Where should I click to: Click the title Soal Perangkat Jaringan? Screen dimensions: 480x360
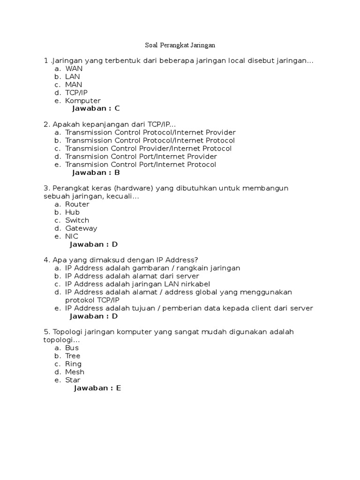pyautogui.click(x=180, y=46)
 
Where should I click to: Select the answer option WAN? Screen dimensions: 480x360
pyautogui.click(x=74, y=68)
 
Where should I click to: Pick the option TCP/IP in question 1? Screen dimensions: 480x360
pyautogui.click(x=76, y=92)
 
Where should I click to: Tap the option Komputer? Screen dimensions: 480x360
pyautogui.click(x=82, y=100)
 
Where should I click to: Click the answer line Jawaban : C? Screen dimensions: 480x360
pyautogui.click(x=96, y=108)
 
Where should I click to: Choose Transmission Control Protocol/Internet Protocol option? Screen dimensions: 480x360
pyautogui.click(x=150, y=140)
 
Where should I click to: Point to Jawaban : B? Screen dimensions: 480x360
pyautogui.click(x=96, y=172)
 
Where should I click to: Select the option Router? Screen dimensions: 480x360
pyautogui.click(x=77, y=204)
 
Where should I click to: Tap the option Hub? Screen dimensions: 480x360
pyautogui.click(x=72, y=212)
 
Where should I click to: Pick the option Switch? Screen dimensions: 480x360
pyautogui.click(x=77, y=220)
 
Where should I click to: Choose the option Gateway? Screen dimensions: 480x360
pyautogui.click(x=81, y=228)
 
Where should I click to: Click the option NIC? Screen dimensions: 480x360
pyautogui.click(x=72, y=236)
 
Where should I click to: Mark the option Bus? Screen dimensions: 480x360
pyautogui.click(x=72, y=348)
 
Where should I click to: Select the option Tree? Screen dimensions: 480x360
pyautogui.click(x=73, y=356)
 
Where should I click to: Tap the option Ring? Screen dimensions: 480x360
pyautogui.click(x=73, y=364)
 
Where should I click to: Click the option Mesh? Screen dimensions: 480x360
pyautogui.click(x=75, y=372)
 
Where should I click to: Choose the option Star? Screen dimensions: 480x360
pyautogui.click(x=73, y=380)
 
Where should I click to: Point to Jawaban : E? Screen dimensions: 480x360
pyautogui.click(x=97, y=388)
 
